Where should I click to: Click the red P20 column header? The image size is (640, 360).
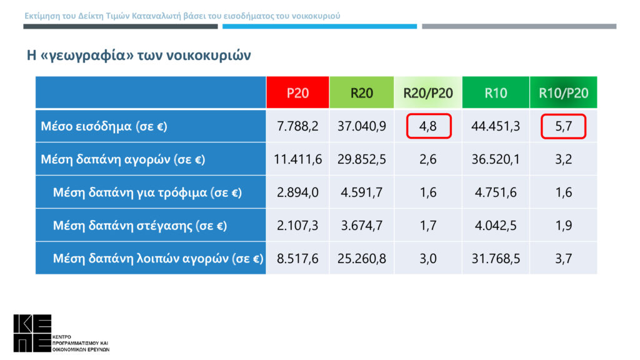tap(297, 93)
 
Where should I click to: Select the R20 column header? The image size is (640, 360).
tap(361, 93)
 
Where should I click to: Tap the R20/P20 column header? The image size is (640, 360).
tap(428, 93)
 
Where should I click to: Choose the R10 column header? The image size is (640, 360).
tap(496, 93)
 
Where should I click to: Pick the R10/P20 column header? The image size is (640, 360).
tap(563, 93)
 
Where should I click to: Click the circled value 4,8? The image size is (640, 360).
tap(428, 126)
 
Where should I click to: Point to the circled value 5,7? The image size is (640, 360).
tap(564, 126)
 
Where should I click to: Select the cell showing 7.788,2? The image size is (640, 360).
tap(297, 126)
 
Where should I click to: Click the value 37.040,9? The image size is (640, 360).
tap(361, 126)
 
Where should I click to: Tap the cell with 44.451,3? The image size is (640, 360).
tap(496, 126)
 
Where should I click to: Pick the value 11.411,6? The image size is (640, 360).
tap(297, 159)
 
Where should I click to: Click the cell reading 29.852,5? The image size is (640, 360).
tap(361, 159)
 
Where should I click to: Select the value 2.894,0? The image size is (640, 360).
tap(297, 192)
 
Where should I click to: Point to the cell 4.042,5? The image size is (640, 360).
tap(496, 225)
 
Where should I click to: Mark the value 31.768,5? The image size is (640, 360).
tap(496, 258)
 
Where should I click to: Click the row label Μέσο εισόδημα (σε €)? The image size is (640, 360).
tap(104, 126)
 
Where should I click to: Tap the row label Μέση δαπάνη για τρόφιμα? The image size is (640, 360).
tap(147, 192)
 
